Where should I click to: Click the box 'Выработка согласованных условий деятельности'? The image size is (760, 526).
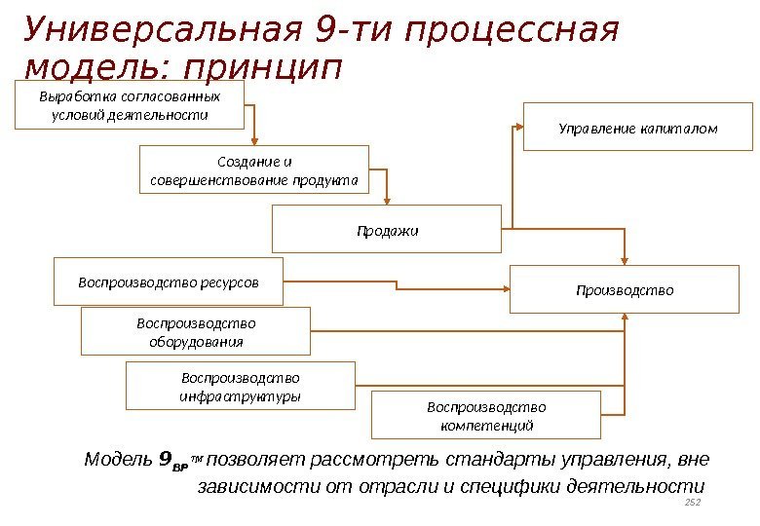pos(129,105)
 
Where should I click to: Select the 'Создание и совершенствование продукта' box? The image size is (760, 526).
pos(254,170)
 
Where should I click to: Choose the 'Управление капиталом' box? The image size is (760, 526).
pos(638,127)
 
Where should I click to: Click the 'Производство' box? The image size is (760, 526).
pos(625,289)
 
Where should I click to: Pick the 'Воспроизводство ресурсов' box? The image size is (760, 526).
pos(168,282)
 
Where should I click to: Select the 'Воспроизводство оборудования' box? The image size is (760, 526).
pos(195,331)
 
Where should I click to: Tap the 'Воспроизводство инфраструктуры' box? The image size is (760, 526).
pos(241,386)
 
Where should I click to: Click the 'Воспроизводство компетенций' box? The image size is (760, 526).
pos(486,416)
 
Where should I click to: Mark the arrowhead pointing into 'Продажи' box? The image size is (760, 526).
pos(387,200)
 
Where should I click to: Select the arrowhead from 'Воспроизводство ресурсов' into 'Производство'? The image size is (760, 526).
pos(504,288)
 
